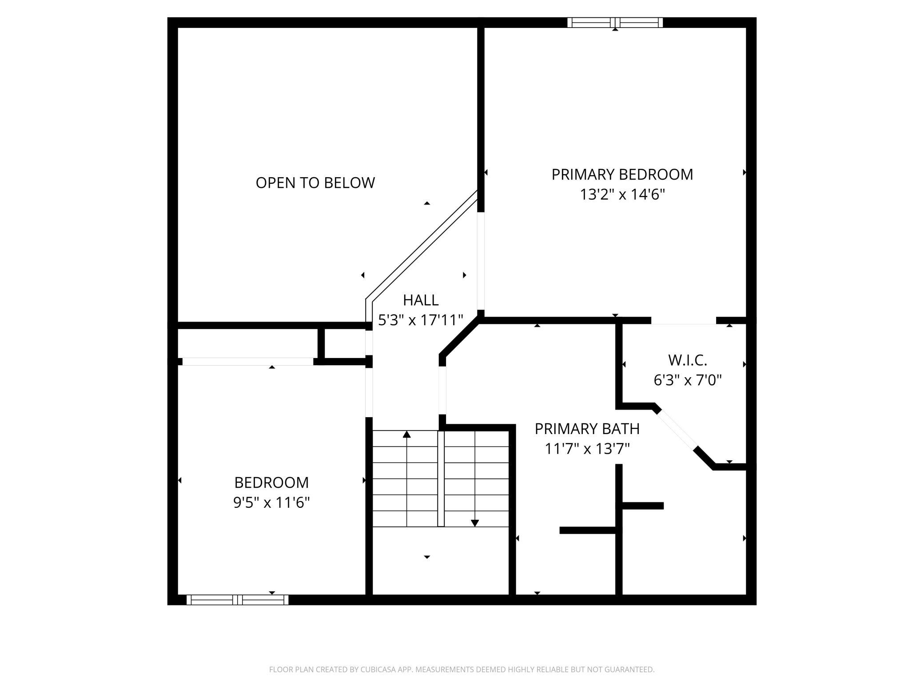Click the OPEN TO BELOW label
coord(315,183)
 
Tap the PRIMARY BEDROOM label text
coord(622,175)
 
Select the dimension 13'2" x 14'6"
coord(622,195)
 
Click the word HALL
coord(421,300)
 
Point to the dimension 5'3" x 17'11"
coord(421,320)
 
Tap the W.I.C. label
coord(687,360)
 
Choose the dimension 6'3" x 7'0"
coord(687,380)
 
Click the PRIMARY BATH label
coord(587,429)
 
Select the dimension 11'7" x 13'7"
coord(587,449)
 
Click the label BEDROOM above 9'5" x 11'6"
coord(271,482)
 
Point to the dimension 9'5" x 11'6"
coord(271,503)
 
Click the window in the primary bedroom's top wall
coord(615,23)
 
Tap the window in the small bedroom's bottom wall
coord(237,600)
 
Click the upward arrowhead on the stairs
coord(406,434)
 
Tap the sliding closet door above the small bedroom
coord(248,362)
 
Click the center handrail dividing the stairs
coord(441,479)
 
